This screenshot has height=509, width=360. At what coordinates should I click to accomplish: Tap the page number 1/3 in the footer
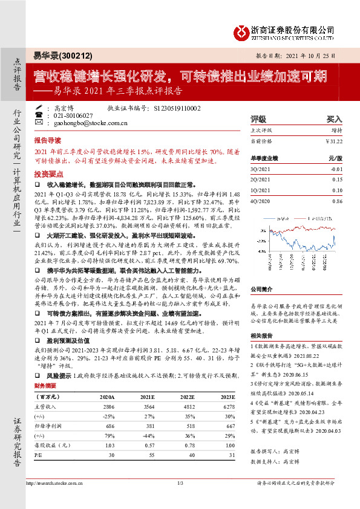tap(180, 484)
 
